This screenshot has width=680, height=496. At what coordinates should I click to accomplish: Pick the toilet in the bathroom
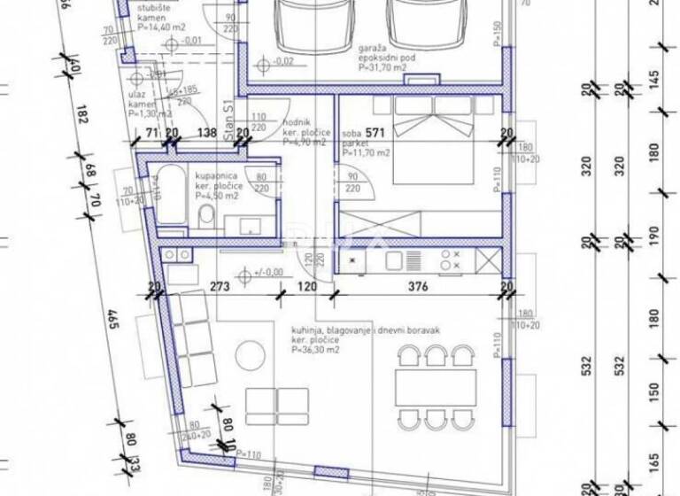click(205, 215)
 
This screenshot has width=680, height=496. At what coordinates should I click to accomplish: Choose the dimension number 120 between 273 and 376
click(305, 287)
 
